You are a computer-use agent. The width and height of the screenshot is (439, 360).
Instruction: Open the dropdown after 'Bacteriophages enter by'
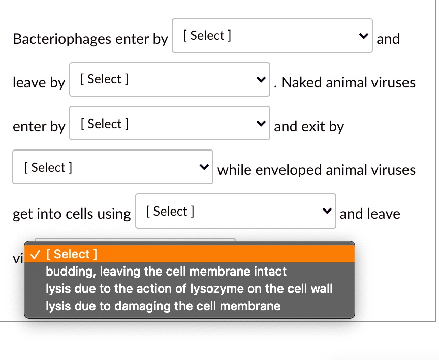(x=272, y=36)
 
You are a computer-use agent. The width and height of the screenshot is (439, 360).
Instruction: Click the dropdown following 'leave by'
(x=170, y=79)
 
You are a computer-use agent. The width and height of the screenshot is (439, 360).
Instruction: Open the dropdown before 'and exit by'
(x=170, y=123)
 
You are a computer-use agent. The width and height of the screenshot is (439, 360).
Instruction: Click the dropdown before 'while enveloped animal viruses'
(x=113, y=167)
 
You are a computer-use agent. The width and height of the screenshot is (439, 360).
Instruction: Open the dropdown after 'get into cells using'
(x=236, y=211)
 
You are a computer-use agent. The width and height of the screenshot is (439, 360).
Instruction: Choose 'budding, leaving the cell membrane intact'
(x=166, y=271)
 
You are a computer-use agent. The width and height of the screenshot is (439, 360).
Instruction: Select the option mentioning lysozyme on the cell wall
(x=189, y=289)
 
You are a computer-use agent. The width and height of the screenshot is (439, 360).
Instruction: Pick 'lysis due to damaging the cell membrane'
(x=163, y=306)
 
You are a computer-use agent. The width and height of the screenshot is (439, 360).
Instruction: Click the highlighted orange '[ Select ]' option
(x=190, y=254)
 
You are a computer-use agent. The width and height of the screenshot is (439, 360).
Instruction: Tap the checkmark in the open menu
(x=35, y=255)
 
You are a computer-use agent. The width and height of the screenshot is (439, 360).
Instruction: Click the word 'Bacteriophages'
(x=62, y=39)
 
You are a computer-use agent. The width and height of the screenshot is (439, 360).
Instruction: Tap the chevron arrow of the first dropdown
(x=363, y=36)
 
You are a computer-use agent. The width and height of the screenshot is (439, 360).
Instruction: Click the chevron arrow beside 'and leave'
(x=327, y=211)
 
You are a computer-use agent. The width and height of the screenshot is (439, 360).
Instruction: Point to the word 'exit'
(x=313, y=126)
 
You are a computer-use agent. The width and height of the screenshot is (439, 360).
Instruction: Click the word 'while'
(x=234, y=170)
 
